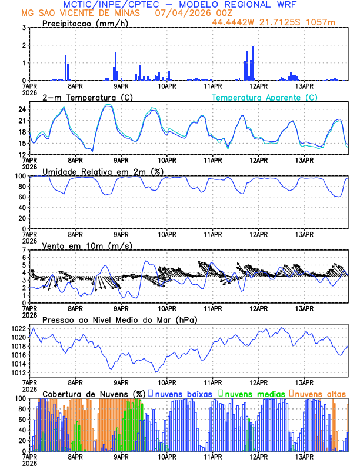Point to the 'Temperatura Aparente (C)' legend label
265,97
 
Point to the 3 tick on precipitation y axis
24,28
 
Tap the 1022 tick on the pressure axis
18,328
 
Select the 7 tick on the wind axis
24,250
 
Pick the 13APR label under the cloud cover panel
304,456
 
